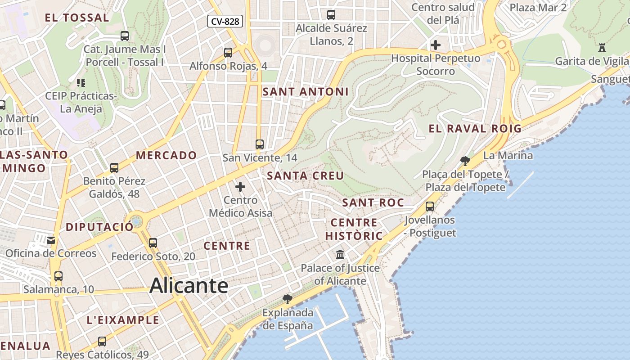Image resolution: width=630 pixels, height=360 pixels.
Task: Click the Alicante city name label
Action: point(189,286)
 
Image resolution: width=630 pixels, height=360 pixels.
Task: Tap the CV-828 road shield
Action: point(225,21)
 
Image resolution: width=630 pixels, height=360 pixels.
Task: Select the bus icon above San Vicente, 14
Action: point(259,144)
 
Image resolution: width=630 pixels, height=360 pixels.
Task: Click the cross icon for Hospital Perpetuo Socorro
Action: point(435,45)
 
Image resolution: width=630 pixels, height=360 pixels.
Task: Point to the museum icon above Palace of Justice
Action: point(340,255)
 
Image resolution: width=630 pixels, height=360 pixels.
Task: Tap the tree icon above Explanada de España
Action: point(287,299)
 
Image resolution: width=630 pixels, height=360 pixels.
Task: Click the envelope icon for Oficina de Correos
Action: point(51,240)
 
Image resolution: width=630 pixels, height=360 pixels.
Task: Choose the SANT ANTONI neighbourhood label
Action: point(306,92)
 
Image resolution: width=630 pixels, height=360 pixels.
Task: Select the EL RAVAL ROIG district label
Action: point(475,129)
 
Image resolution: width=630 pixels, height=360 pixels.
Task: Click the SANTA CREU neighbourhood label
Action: point(306,176)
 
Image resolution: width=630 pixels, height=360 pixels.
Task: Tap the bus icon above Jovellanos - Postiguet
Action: point(430,207)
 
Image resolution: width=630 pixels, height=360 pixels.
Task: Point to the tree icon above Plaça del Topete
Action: point(465,161)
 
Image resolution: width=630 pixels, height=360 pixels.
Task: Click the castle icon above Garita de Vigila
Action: point(602,48)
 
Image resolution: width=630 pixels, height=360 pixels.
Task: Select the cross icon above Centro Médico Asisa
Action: point(240,186)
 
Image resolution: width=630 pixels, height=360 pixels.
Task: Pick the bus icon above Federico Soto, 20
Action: point(153,243)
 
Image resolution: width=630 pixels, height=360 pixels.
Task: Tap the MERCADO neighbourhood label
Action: point(166,156)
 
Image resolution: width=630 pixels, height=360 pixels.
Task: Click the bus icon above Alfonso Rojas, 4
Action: point(228,52)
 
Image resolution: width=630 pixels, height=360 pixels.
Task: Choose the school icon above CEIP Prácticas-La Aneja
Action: point(81,82)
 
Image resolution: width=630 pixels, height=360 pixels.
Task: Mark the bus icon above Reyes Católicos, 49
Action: point(102,342)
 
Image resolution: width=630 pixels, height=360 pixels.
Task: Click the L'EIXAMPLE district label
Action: point(123,320)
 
